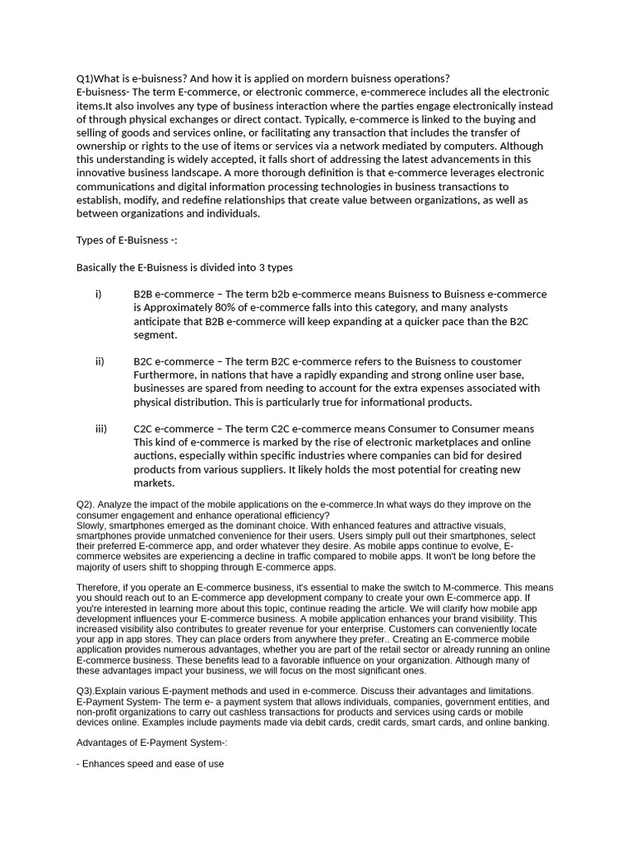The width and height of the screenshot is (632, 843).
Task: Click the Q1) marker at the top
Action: click(x=86, y=78)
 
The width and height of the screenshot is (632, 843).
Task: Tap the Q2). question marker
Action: click(x=87, y=504)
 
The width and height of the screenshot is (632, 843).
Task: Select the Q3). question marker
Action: click(x=87, y=690)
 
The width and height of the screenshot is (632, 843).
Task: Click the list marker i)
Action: click(x=99, y=294)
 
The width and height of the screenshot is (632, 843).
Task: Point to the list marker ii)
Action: click(x=100, y=361)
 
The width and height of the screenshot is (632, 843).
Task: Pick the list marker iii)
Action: click(x=101, y=429)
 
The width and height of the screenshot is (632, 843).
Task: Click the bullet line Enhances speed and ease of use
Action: click(x=150, y=763)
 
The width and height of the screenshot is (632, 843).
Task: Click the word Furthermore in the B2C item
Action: click(x=164, y=375)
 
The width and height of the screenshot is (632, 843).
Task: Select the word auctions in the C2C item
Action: click(x=157, y=456)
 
